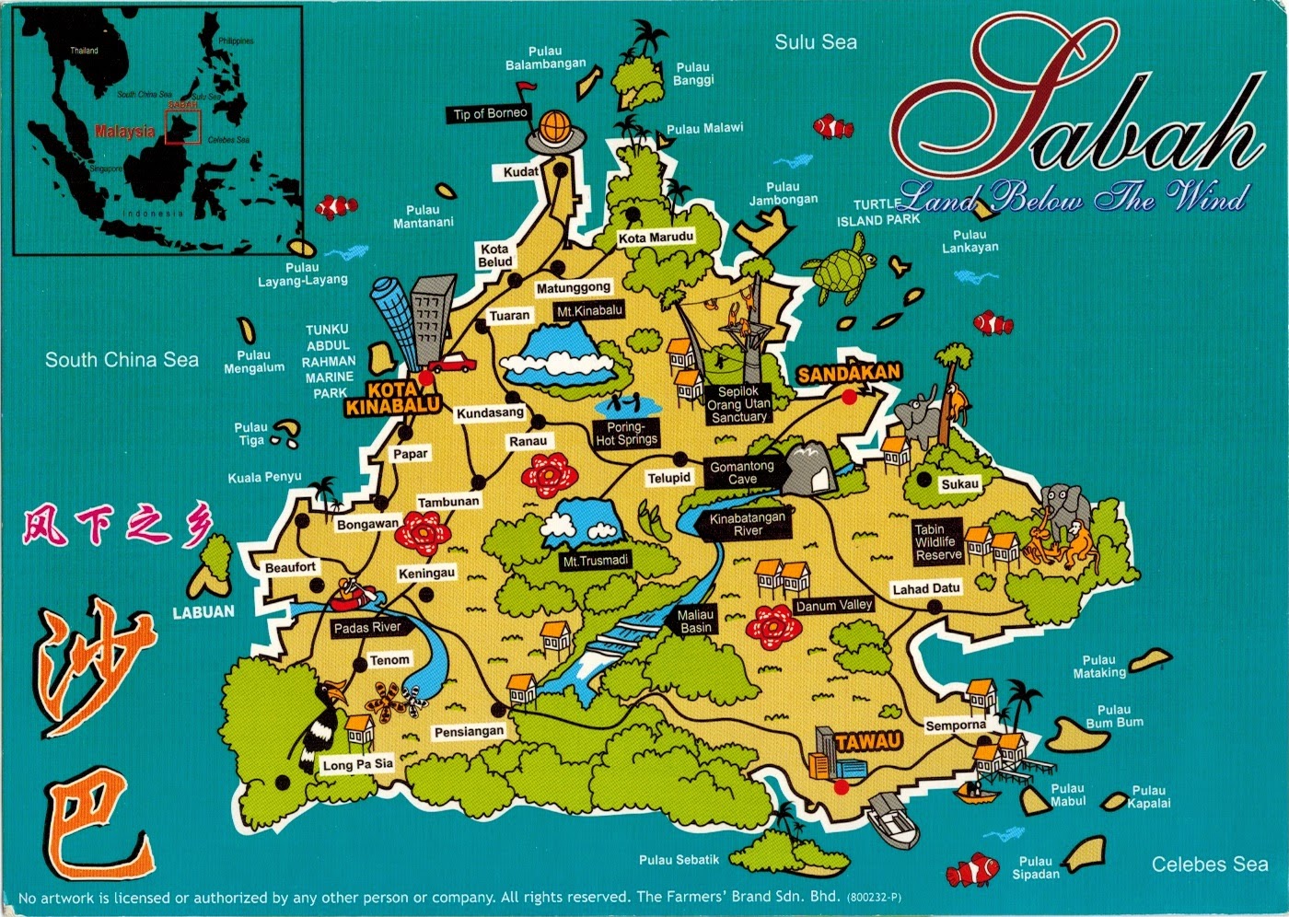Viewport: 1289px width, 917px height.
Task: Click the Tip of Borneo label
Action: pos(490,114)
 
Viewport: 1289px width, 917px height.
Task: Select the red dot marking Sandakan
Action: pos(847,397)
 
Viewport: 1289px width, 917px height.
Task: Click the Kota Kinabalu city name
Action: pos(392,398)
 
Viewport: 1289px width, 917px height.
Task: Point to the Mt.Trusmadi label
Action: pos(596,561)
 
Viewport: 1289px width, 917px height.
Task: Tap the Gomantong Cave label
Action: pos(741,472)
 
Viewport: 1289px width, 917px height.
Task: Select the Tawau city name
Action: pos(868,741)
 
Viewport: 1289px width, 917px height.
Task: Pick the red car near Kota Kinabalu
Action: pos(451,364)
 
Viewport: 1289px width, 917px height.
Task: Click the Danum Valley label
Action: pos(833,605)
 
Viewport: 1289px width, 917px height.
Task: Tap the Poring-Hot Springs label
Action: pos(626,434)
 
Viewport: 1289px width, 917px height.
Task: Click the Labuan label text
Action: pos(203,611)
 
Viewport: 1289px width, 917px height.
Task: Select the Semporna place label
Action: pos(955,725)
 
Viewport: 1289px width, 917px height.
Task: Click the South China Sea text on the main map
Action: pos(122,360)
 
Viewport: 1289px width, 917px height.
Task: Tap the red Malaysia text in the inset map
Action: pos(124,132)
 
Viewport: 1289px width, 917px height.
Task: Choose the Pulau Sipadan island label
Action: pos(1036,867)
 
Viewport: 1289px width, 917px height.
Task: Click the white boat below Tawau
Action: pos(894,819)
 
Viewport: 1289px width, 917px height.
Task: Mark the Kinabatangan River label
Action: pos(748,524)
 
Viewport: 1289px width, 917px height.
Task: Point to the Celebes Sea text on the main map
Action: pos(1209,865)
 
